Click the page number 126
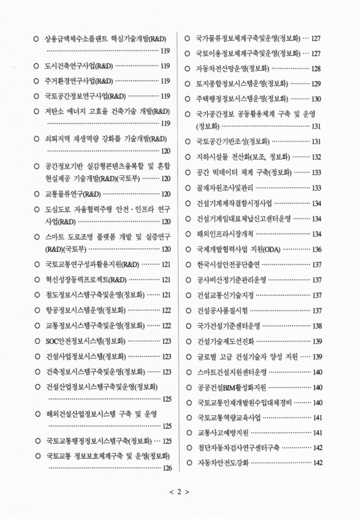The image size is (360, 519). pyautogui.click(x=167, y=468)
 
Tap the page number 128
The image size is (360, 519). pyautogui.click(x=317, y=68)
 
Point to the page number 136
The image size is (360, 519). pyautogui.click(x=317, y=249)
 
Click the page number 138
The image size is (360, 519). pyautogui.click(x=317, y=326)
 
